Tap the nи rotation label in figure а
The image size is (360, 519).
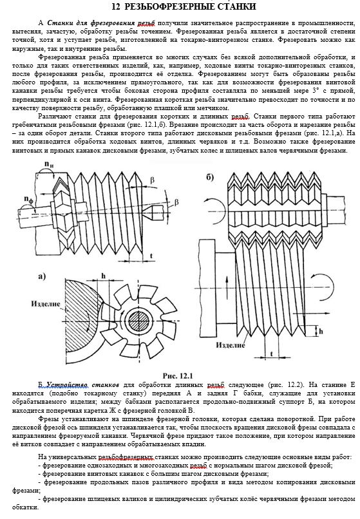[x=48, y=164]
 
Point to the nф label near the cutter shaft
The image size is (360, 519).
[x=29, y=199]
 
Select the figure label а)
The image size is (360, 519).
[x=42, y=276]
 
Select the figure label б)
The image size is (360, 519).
[x=210, y=178]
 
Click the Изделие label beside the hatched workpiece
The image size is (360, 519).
[x=46, y=303]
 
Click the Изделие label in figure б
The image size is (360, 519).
[x=231, y=345]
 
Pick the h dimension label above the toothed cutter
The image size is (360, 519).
[x=103, y=276]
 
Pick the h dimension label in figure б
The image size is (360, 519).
[x=321, y=332]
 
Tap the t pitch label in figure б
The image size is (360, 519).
[x=272, y=354]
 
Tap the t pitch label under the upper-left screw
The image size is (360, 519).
[x=151, y=256]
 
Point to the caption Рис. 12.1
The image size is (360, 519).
[x=178, y=375]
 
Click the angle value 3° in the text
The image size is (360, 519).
[x=316, y=91]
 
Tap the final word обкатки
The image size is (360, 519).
[x=26, y=507]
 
